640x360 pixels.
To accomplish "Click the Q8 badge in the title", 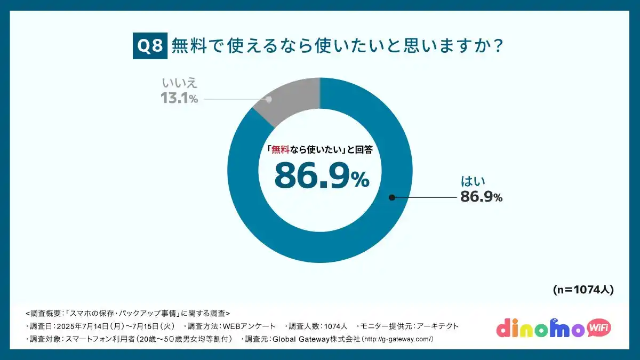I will pos(150,46).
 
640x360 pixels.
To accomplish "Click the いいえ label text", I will pos(179,83).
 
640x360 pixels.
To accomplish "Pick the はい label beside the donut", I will pos(473,181).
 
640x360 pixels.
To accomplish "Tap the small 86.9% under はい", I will pos(482,197).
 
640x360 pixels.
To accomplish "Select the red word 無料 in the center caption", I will pos(280,150).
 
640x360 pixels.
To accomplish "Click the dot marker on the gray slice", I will pos(269,99).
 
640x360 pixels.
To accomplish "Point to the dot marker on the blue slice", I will pos(391,197).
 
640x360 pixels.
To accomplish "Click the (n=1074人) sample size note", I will pos(583,290).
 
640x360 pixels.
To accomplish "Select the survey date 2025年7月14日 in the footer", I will pos(81,326).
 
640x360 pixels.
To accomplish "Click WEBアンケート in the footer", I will pos(249,326).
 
